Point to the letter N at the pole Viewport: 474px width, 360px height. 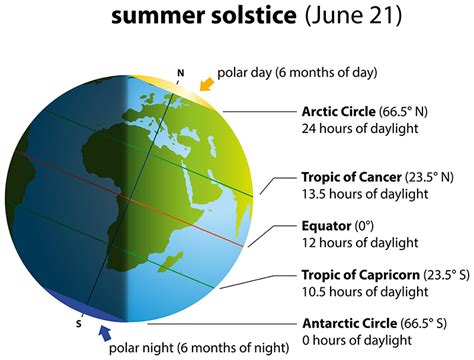[180, 72]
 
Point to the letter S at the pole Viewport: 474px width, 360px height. [79, 323]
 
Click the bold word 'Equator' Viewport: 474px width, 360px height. [327, 225]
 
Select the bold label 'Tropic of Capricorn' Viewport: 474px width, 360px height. [361, 274]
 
